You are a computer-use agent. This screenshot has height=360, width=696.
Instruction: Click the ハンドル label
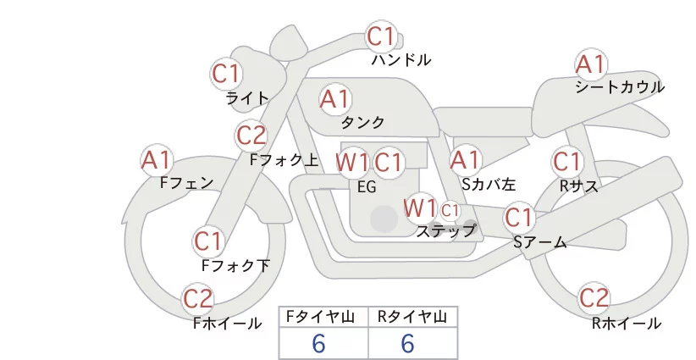point(401,59)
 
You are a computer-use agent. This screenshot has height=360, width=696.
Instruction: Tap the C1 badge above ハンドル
point(381,36)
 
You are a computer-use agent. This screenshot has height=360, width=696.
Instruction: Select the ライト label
point(247,97)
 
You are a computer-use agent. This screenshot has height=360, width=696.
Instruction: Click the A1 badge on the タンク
point(335,99)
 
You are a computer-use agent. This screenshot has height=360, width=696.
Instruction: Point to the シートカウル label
point(620,86)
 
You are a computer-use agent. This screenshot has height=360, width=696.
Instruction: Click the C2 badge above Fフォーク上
point(251,136)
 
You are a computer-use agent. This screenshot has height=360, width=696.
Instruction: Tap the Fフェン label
point(186,182)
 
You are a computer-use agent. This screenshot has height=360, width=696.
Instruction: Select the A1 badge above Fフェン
point(157,160)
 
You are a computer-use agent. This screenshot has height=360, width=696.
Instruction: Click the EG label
point(367,187)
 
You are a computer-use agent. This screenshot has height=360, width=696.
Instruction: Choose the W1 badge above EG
point(352,163)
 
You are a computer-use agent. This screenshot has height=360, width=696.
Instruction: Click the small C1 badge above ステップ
point(450,211)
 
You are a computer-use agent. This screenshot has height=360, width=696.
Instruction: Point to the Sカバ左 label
point(489,184)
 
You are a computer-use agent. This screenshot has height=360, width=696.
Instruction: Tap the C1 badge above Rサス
point(566,162)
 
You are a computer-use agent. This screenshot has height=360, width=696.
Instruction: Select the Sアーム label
point(540,242)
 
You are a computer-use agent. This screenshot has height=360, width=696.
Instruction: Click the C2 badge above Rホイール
point(594,298)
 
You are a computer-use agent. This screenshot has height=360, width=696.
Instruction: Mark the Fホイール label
point(227,324)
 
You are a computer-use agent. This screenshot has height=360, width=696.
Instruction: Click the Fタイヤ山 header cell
point(323,317)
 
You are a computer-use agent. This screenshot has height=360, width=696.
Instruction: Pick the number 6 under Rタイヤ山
point(407,343)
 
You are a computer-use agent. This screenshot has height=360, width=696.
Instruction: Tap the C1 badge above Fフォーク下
point(207,241)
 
